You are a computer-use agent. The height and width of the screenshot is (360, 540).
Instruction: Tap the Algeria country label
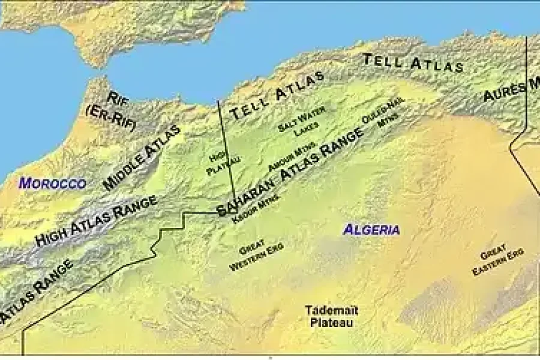coord(371,229)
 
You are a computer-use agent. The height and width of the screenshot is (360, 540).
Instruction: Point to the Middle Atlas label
coord(142,158)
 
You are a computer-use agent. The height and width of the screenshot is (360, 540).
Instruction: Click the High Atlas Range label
coord(96,221)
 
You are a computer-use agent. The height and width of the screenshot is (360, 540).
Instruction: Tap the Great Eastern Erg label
coord(497,260)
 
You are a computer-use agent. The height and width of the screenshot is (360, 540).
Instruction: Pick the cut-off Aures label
coord(511,91)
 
